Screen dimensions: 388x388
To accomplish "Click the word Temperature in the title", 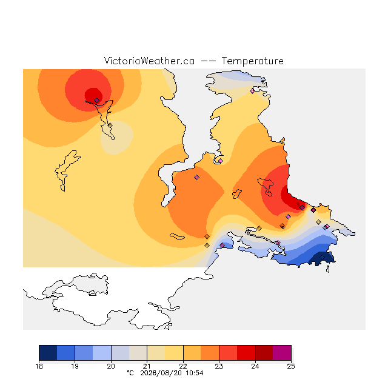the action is click(x=252, y=61).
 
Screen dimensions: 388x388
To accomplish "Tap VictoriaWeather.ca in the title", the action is click(x=149, y=61).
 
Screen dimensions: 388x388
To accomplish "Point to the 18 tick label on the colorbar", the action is click(x=39, y=366).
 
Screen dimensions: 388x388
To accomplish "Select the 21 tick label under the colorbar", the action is click(x=147, y=366).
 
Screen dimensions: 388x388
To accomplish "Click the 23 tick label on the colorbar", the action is click(x=219, y=366).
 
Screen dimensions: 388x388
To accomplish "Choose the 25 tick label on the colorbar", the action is click(x=291, y=366).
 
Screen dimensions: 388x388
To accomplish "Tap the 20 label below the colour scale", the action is click(x=111, y=366).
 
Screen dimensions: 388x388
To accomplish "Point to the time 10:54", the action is click(x=195, y=373).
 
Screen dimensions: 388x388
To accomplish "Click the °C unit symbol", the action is click(x=130, y=373).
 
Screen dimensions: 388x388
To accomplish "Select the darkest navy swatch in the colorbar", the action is click(x=48, y=353).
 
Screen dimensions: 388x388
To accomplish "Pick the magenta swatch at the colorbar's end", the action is click(x=282, y=353).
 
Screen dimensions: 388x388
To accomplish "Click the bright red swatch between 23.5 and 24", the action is click(x=246, y=353).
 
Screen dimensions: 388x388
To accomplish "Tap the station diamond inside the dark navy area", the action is click(x=322, y=257).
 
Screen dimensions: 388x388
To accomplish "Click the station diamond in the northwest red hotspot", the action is click(x=97, y=100).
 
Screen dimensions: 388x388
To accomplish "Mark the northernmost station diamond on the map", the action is click(x=252, y=92).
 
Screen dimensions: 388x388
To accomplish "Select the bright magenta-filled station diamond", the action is click(x=313, y=210).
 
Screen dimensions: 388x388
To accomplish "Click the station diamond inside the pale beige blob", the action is click(x=110, y=125).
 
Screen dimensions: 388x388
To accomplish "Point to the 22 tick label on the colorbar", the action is click(x=183, y=366).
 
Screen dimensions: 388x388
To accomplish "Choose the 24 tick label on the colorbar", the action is click(x=255, y=366).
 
